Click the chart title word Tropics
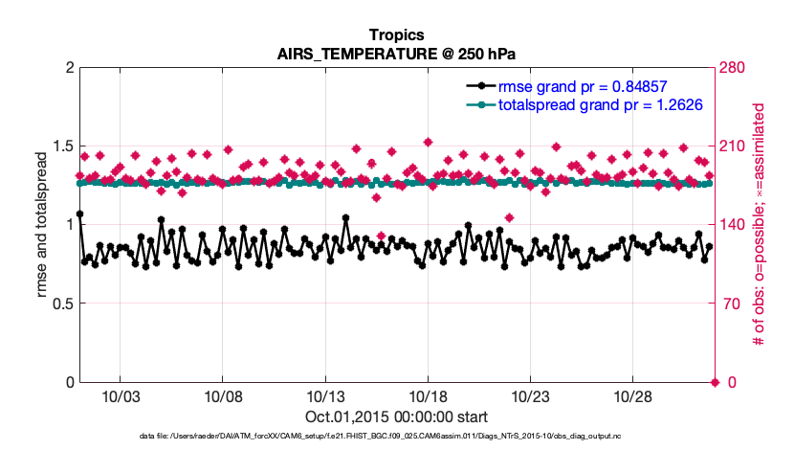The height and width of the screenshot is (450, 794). (x=396, y=34)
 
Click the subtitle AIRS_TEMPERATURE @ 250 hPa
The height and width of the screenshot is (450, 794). (x=396, y=53)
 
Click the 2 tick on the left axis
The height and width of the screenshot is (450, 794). (x=67, y=68)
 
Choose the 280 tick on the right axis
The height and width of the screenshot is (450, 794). (x=737, y=68)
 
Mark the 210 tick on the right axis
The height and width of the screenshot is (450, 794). (x=737, y=146)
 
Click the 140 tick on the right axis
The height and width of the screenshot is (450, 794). (x=737, y=225)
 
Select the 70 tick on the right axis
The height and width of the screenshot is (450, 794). (x=733, y=304)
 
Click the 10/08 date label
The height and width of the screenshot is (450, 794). (x=222, y=396)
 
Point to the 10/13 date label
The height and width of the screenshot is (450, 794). (x=324, y=396)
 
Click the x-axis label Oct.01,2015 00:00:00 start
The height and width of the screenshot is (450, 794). (x=396, y=416)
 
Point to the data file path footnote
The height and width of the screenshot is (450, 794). (x=396, y=437)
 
